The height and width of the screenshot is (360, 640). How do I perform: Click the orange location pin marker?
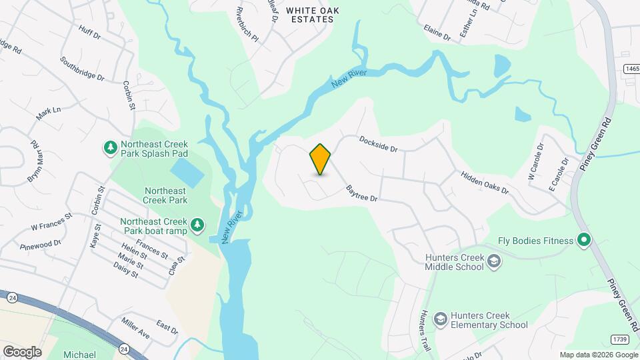coord(321,159)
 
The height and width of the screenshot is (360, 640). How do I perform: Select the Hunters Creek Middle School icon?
coord(493,261)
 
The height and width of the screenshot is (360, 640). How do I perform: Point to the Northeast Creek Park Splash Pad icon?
coord(109,147)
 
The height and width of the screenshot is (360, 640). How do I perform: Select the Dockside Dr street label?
coord(378,144)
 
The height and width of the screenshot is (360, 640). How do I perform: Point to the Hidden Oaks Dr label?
coord(485,182)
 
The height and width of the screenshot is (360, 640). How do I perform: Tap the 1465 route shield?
coord(631,69)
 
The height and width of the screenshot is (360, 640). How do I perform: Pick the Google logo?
coord(21,351)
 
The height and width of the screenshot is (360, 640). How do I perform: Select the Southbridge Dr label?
coord(82,69)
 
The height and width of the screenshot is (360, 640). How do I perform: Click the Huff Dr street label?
coord(89,31)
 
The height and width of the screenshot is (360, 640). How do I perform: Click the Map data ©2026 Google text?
coord(598,355)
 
